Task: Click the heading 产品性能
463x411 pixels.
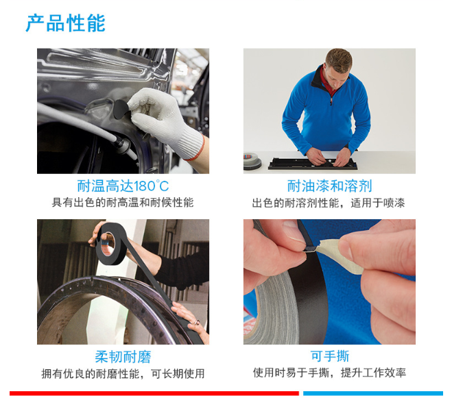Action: [x=66, y=23]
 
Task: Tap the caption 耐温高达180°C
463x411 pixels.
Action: [x=123, y=186]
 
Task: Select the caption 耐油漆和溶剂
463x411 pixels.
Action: [x=329, y=186]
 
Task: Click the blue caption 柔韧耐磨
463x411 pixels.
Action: [x=123, y=357]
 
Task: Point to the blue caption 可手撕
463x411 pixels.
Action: [x=329, y=356]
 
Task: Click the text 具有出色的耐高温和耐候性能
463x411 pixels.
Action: [x=123, y=203]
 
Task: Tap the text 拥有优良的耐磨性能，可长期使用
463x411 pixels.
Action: [x=123, y=373]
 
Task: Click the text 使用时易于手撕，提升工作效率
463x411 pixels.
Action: [x=329, y=373]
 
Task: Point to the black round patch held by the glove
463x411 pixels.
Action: [x=121, y=109]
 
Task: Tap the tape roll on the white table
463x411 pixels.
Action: [x=252, y=161]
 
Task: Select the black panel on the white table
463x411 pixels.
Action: [x=313, y=164]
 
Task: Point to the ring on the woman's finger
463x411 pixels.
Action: [x=197, y=322]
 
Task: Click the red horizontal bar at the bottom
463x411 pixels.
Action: [x=154, y=393]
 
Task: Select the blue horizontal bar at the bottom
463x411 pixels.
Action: [x=373, y=393]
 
